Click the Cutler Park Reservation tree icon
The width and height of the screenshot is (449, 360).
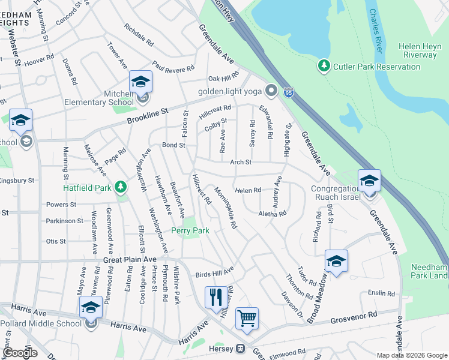tap(325, 65)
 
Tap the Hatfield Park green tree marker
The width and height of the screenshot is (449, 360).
tap(121, 188)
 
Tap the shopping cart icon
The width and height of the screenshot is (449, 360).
tap(247, 318)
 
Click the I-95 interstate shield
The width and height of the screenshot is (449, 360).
tap(289, 93)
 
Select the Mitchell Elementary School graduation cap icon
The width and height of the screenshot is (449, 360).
tap(141, 82)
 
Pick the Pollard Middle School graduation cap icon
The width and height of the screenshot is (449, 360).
tap(91, 308)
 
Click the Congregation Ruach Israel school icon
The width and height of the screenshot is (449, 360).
tap(369, 179)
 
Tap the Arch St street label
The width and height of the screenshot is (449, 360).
tap(240, 162)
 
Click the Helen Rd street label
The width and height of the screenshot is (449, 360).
tap(248, 190)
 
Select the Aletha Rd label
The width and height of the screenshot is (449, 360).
tap(273, 213)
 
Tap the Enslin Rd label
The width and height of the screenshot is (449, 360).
tap(382, 293)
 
